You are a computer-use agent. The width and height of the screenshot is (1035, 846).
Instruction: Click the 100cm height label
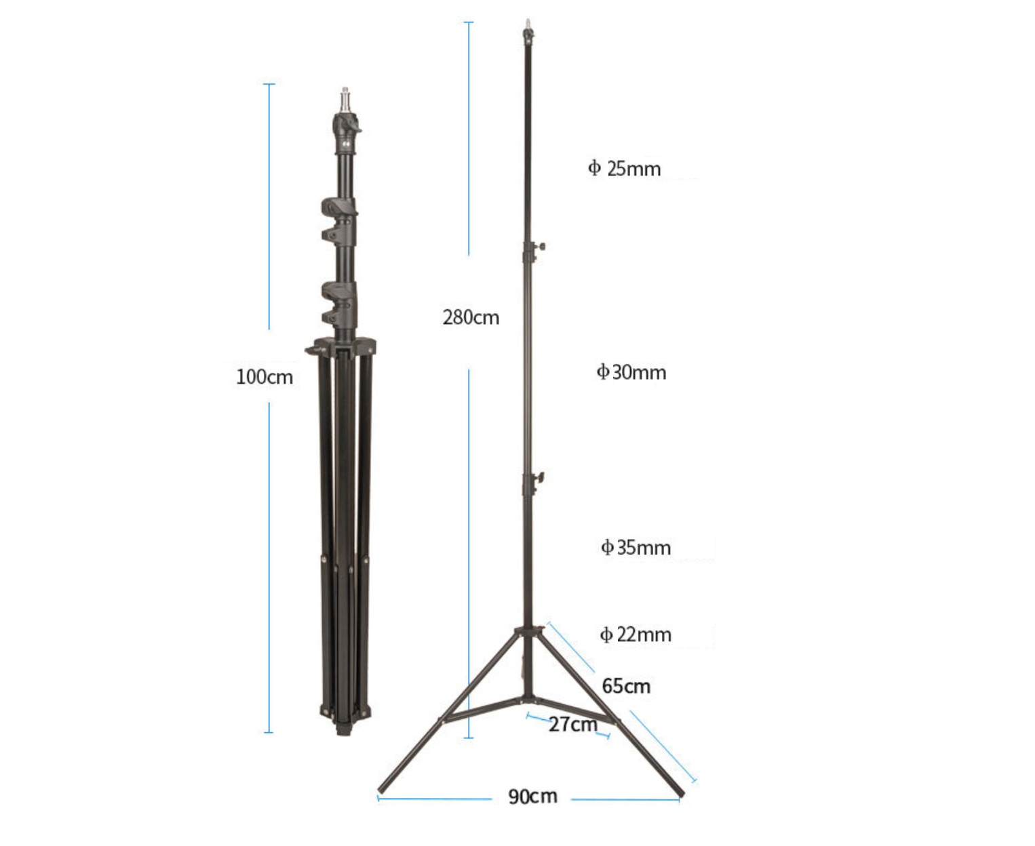tap(265, 377)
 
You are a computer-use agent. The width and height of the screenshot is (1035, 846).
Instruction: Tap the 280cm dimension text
tap(471, 317)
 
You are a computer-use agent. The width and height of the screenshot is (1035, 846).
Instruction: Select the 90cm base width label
tap(532, 797)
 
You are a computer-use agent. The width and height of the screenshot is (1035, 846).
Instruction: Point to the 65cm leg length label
tap(626, 686)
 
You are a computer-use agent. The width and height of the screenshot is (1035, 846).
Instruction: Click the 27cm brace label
tap(572, 724)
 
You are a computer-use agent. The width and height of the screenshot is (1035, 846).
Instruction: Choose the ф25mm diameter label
tap(624, 168)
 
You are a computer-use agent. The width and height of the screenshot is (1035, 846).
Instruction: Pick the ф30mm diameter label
tap(631, 372)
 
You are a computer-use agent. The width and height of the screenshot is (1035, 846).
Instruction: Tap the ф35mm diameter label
tap(636, 547)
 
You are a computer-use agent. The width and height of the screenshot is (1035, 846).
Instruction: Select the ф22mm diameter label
tap(636, 634)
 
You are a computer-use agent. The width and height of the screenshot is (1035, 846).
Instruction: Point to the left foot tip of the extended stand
tap(382, 788)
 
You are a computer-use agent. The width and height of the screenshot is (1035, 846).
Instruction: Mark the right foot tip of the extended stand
tap(680, 792)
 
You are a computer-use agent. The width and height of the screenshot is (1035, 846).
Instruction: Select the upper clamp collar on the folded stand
tap(340, 221)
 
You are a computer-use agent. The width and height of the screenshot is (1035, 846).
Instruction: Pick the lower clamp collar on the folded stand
tap(340, 303)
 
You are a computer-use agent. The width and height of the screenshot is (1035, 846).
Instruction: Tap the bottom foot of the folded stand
tap(344, 729)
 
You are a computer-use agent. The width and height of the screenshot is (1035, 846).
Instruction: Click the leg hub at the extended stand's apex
tap(529, 631)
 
